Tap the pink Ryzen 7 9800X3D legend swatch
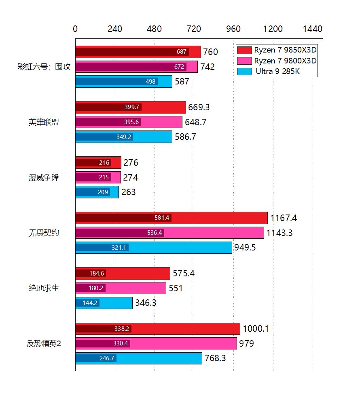pyautogui.click(x=245, y=61)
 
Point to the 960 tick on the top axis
pyautogui.click(x=233, y=29)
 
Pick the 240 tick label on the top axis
pyautogui.click(x=115, y=29)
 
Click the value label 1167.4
pyautogui.click(x=284, y=218)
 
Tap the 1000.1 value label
pyautogui.click(x=256, y=329)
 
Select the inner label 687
pyautogui.click(x=182, y=52)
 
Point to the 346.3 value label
pyautogui.click(x=148, y=303)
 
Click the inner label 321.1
pyautogui.click(x=119, y=248)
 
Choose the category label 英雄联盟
pyautogui.click(x=44, y=122)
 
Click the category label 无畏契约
pyautogui.click(x=44, y=233)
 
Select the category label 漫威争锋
pyautogui.click(x=44, y=177)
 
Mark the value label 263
pyautogui.click(x=129, y=192)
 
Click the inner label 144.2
pyautogui.click(x=89, y=303)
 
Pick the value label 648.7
pyautogui.click(x=196, y=122)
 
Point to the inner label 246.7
pyautogui.click(x=107, y=358)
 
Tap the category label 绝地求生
pyautogui.click(x=44, y=288)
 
